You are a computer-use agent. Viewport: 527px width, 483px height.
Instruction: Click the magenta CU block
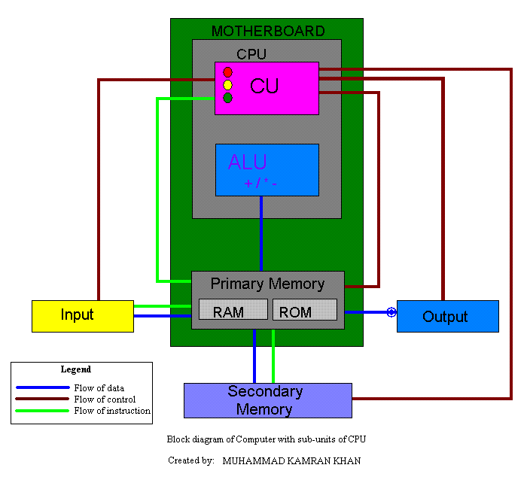pyautogui.click(x=267, y=88)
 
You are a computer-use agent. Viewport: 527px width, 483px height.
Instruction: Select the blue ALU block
pyautogui.click(x=267, y=170)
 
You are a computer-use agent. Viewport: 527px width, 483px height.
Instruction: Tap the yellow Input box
pyautogui.click(x=82, y=315)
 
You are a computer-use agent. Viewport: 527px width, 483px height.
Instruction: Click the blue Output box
pyautogui.click(x=447, y=316)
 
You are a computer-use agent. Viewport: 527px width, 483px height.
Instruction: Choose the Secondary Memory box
pyautogui.click(x=268, y=400)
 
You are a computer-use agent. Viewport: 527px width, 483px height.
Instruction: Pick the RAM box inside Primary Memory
pyautogui.click(x=233, y=311)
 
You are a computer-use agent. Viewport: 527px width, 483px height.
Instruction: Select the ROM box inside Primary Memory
pyautogui.click(x=304, y=311)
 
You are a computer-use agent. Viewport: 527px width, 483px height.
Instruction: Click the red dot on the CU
pyautogui.click(x=227, y=72)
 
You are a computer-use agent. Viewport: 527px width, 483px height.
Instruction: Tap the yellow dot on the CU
pyautogui.click(x=227, y=85)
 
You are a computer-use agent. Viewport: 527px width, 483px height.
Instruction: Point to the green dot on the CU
pyautogui.click(x=227, y=98)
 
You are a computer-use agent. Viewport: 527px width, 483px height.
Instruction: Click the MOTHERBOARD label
pyautogui.click(x=267, y=31)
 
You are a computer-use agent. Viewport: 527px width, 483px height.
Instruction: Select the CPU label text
pyautogui.click(x=251, y=54)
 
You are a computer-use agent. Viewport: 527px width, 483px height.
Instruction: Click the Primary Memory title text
pyautogui.click(x=267, y=284)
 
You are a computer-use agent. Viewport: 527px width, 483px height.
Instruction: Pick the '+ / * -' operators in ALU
pyautogui.click(x=260, y=184)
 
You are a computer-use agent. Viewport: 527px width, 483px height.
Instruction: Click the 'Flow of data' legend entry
pyautogui.click(x=99, y=388)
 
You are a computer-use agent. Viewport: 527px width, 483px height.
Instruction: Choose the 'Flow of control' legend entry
pyautogui.click(x=105, y=399)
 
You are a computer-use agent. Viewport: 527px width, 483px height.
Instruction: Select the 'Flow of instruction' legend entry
pyautogui.click(x=111, y=411)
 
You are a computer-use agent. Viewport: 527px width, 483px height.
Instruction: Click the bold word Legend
pyautogui.click(x=76, y=369)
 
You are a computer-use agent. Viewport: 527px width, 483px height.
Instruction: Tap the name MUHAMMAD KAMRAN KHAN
pyautogui.click(x=291, y=460)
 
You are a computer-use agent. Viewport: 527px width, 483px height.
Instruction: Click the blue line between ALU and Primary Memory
pyautogui.click(x=261, y=233)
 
